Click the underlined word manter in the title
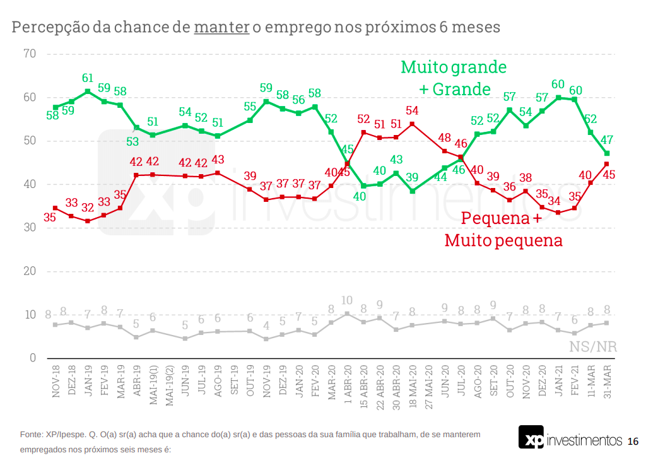point(221,28)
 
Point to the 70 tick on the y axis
point(28,54)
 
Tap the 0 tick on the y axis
point(32,358)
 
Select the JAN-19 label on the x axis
point(88,382)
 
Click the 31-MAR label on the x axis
point(606,381)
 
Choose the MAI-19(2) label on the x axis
point(169,385)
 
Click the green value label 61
point(88,79)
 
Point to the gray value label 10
point(346,301)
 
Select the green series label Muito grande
point(454,67)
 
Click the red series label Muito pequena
point(503,240)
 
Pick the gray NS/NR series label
point(593,346)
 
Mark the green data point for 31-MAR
point(606,153)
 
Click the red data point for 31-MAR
point(606,164)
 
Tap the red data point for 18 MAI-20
point(412,124)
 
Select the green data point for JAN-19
point(88,91)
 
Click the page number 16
point(633,440)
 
